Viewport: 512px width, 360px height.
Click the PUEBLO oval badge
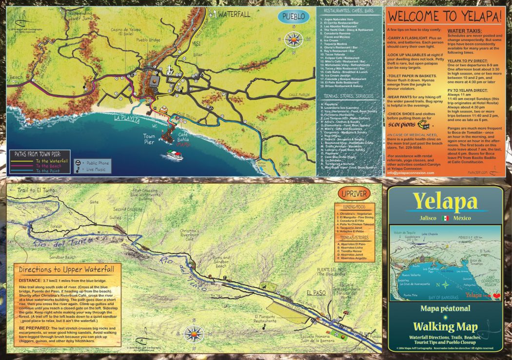click(294, 16)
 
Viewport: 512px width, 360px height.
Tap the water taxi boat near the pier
click(175, 155)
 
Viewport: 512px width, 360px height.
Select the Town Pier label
click(149, 139)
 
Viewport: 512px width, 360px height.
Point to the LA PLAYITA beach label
click(127, 119)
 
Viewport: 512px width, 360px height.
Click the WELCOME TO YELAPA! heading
click(445, 16)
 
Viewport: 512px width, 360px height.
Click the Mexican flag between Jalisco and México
click(445, 218)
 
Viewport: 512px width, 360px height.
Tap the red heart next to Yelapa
click(496, 295)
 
